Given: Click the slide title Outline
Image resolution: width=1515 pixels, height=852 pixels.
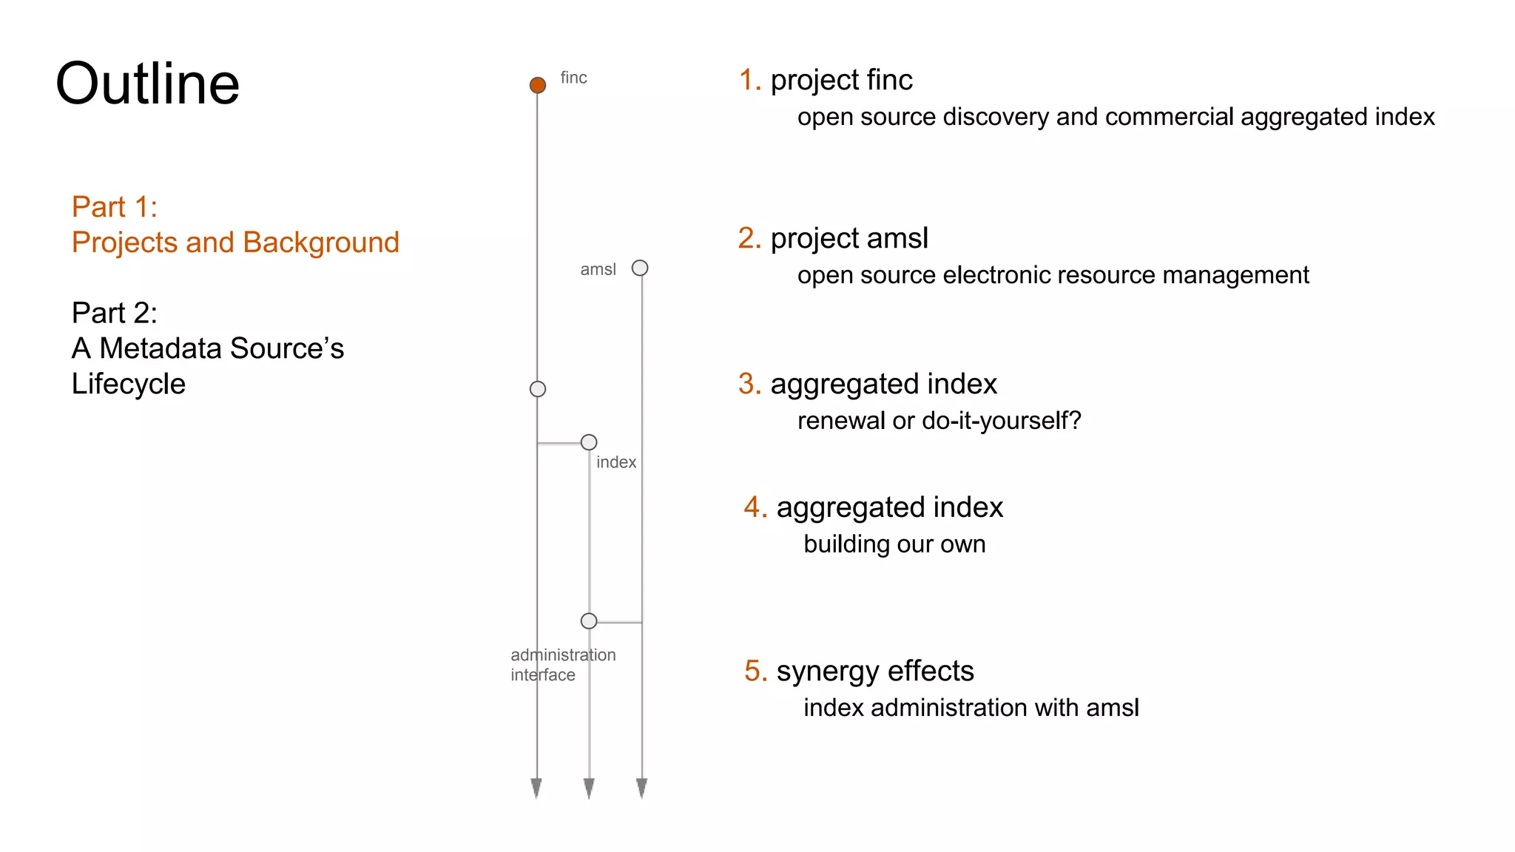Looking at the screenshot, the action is pos(148,84).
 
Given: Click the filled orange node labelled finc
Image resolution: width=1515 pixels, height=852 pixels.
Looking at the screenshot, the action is pos(538,85).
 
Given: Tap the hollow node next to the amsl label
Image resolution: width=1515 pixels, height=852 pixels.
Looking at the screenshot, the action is pos(640,268).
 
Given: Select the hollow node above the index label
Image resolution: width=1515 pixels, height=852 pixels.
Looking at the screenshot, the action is pos(589,442).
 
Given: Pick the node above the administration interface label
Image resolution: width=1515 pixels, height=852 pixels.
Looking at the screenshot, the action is pos(589,621).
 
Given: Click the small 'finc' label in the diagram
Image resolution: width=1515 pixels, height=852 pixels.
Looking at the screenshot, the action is pos(573,78).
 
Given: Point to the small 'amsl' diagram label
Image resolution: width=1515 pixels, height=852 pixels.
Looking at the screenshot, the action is pos(598,269).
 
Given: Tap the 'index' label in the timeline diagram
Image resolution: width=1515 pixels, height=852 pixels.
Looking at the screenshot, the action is pos(616,462).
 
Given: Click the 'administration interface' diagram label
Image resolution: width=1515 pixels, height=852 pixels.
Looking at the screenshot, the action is pos(562,665).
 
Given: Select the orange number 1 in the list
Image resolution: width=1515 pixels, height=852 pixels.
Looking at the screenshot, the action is pos(749,80).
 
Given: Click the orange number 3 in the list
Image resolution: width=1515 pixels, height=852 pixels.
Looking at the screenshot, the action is pos(749,384).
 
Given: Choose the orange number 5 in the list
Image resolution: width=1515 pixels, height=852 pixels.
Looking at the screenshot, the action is pos(755,671).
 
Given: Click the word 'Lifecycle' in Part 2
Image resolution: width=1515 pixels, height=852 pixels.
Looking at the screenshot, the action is pos(129,384).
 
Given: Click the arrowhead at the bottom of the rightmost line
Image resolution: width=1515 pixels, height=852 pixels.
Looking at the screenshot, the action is pos(641,788).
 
